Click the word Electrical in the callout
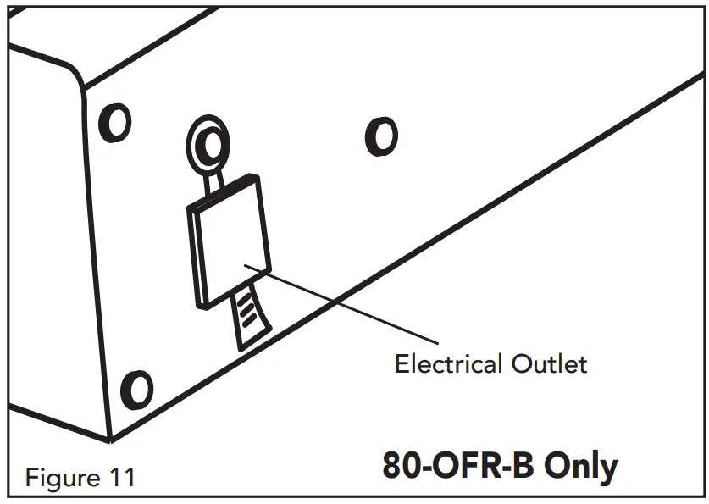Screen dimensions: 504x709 [449, 364]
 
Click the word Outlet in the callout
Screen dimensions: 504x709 [549, 364]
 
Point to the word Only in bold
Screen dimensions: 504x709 [580, 467]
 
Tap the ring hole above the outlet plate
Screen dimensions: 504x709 [205, 144]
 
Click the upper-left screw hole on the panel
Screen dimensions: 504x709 [116, 125]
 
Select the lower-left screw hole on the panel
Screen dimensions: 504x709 [136, 390]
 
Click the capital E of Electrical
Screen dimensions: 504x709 [402, 364]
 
